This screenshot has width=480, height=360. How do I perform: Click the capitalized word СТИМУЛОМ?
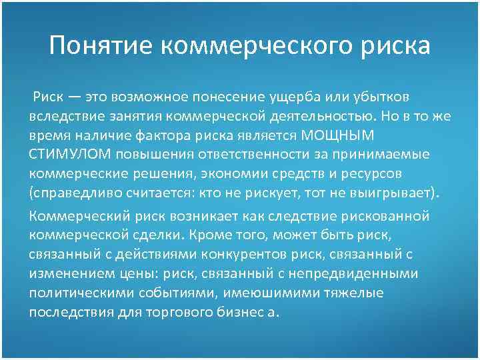pos(71,155)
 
